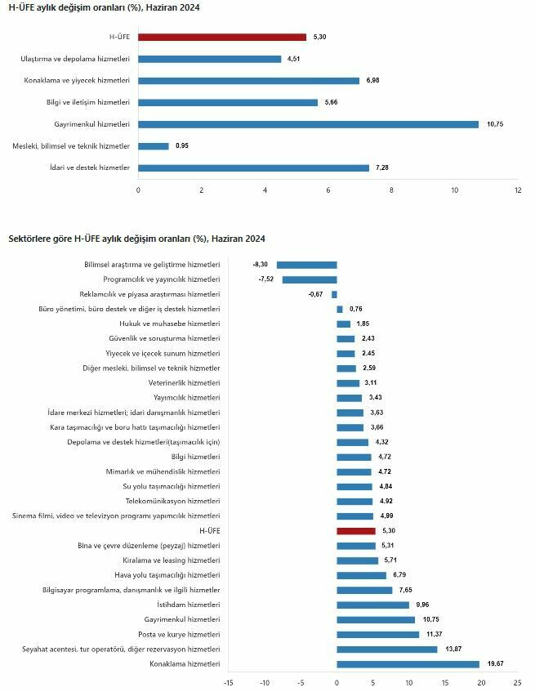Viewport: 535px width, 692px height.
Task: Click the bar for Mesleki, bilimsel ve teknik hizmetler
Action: (x=154, y=146)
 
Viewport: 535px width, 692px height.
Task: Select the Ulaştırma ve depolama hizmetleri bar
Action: (x=210, y=59)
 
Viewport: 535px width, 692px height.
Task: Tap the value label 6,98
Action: (x=372, y=81)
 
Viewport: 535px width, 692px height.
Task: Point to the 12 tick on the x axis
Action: (x=517, y=190)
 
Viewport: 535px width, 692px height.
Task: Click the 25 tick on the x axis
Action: (x=517, y=681)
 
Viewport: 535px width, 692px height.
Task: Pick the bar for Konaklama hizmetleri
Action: (x=408, y=663)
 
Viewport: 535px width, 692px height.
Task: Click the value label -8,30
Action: (x=261, y=265)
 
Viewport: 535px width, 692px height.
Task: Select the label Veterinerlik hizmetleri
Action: (x=184, y=383)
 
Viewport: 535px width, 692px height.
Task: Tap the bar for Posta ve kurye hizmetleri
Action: (x=377, y=634)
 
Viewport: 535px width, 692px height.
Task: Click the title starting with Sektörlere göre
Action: (x=136, y=239)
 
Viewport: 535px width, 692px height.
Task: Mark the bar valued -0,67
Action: (x=334, y=294)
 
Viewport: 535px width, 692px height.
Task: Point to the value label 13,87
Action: (x=452, y=649)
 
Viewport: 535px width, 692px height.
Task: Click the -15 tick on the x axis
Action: (x=228, y=681)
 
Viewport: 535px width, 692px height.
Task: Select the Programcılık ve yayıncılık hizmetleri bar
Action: (x=310, y=279)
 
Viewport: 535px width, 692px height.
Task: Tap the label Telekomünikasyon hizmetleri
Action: (x=172, y=501)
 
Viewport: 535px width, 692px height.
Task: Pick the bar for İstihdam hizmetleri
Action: (x=372, y=605)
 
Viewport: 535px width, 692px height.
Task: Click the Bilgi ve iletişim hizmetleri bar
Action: (x=228, y=102)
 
